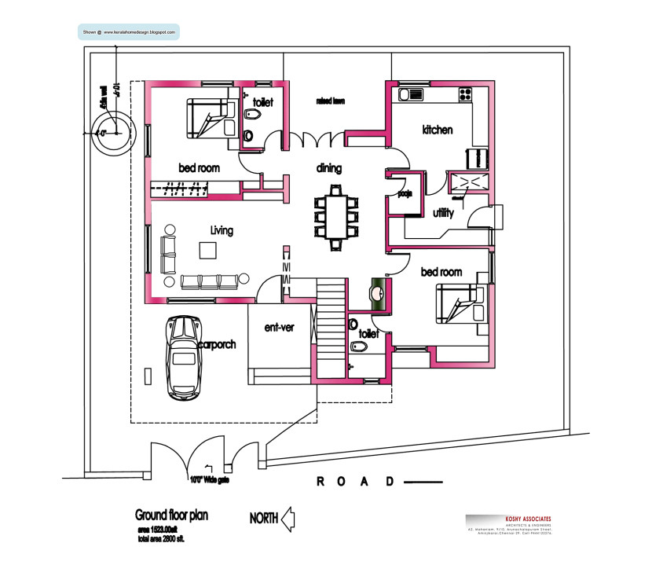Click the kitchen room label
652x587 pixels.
pyautogui.click(x=437, y=130)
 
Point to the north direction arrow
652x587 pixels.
pyautogui.click(x=288, y=518)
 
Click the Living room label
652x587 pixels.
pyautogui.click(x=222, y=230)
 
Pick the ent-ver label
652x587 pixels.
pyautogui.click(x=279, y=327)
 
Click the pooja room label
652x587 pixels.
pyautogui.click(x=406, y=193)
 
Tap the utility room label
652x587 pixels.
pyautogui.click(x=443, y=213)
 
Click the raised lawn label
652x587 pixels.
pyautogui.click(x=331, y=101)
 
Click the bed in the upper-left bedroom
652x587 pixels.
pyautogui.click(x=209, y=117)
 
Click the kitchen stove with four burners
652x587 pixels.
pyautogui.click(x=466, y=94)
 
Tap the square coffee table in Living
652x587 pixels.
pyautogui.click(x=207, y=251)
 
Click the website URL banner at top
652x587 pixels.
pyautogui.click(x=129, y=32)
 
